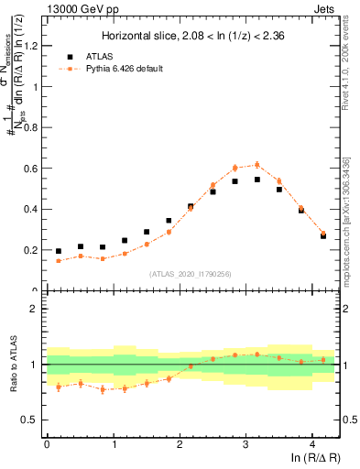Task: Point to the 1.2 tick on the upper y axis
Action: pos(34,47)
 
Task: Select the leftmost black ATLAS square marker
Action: pos(59,251)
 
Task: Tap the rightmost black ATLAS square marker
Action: pos(323,235)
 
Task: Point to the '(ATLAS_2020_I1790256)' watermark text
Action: pos(191,273)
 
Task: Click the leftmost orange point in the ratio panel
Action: pos(59,387)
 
